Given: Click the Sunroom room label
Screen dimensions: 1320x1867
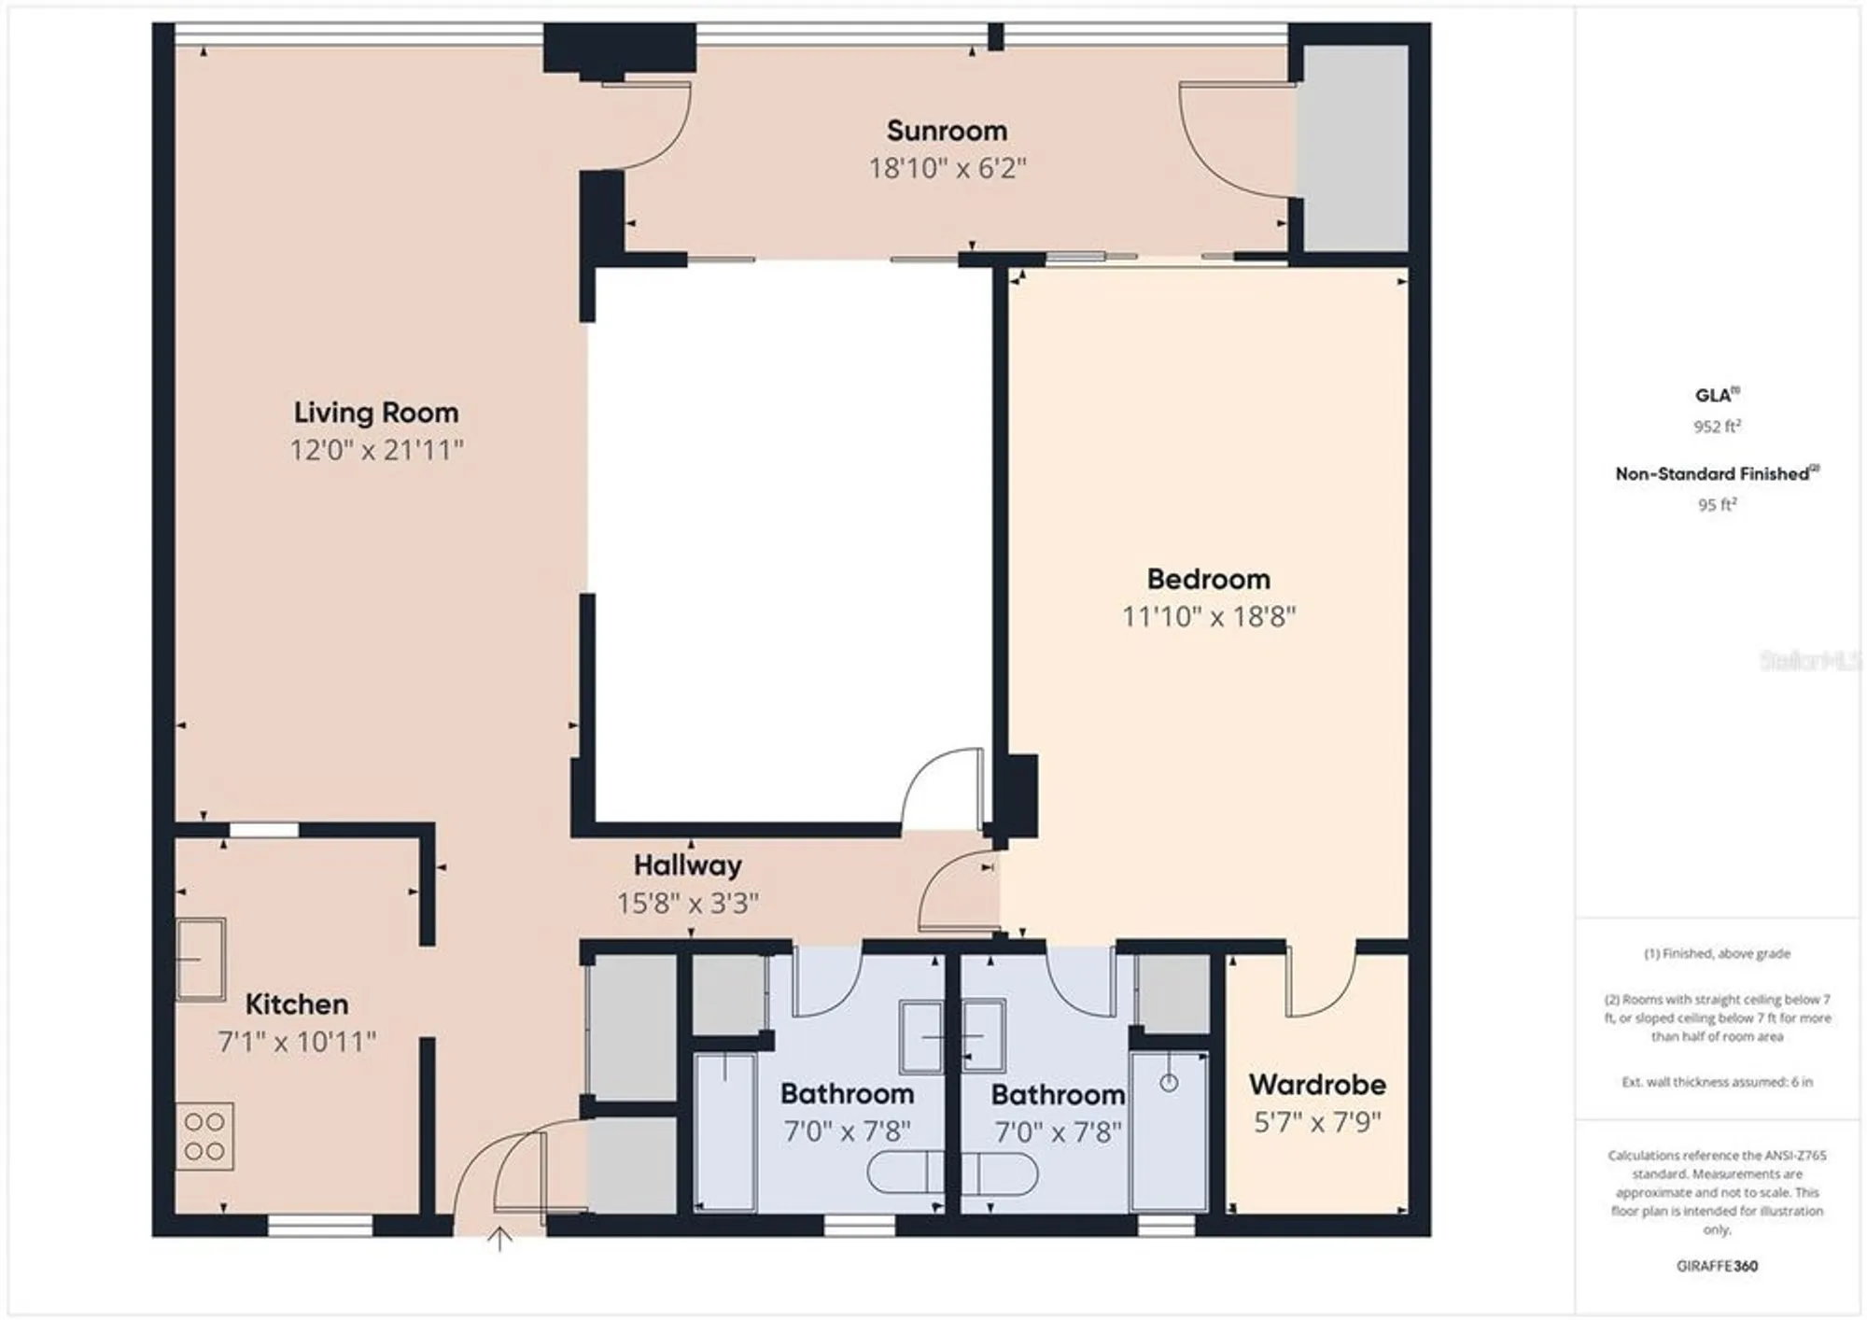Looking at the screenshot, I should [x=947, y=131].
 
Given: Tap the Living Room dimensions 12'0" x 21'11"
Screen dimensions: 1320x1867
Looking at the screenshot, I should [x=376, y=450].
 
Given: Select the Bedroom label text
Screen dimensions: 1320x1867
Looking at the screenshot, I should [x=1208, y=579].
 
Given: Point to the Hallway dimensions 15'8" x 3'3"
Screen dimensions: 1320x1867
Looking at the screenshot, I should [x=687, y=903].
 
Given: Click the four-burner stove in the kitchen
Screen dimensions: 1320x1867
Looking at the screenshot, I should [x=204, y=1136].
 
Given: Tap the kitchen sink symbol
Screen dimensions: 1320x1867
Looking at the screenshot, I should [x=201, y=959].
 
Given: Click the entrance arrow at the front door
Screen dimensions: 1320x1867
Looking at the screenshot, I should [x=500, y=1239].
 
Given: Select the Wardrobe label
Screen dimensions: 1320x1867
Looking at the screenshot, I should [x=1316, y=1084].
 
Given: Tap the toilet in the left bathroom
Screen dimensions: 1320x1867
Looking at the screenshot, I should [x=905, y=1173].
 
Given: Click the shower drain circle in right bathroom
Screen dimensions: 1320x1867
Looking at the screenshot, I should [x=1169, y=1083].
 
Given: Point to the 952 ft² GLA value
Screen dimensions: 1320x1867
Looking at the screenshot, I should [x=1717, y=427].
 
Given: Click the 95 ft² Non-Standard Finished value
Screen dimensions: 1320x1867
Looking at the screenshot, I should [x=1717, y=504].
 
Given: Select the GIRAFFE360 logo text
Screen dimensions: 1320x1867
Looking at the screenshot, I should [x=1717, y=1266].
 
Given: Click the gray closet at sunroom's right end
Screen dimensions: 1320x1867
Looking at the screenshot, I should [x=1355, y=147].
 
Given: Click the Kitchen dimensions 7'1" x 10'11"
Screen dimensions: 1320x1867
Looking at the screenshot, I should [x=297, y=1041].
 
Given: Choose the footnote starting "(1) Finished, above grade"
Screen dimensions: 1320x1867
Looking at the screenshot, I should [x=1717, y=953].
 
